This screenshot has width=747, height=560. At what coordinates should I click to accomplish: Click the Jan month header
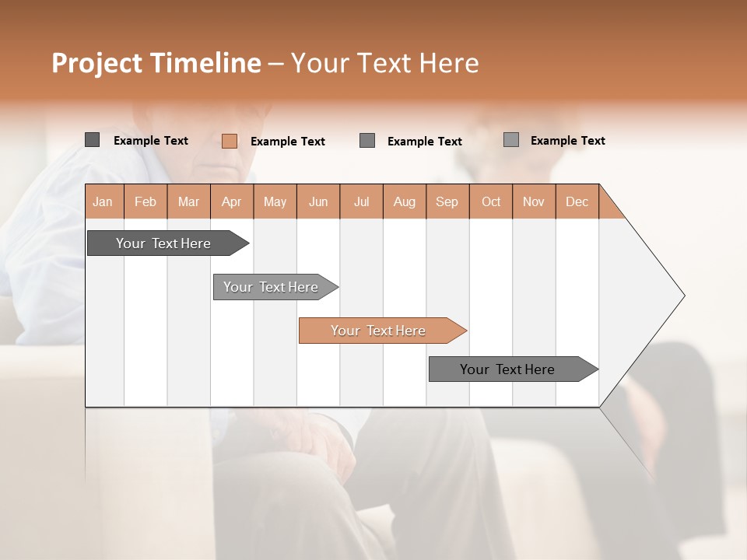point(103,201)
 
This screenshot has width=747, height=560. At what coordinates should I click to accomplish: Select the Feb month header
point(146,201)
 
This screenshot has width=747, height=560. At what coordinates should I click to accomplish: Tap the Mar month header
point(188,201)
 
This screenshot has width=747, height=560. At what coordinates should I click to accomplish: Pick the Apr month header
point(232,201)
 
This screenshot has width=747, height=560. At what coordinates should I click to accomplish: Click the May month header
point(275,201)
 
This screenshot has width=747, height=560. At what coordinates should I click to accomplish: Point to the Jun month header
point(318,201)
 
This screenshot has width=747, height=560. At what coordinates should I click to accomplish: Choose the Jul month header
point(361,201)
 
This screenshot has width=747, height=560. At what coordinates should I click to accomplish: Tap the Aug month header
point(405,201)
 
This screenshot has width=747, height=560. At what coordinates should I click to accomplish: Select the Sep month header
point(447,201)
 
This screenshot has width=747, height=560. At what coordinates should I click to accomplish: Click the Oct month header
point(491,201)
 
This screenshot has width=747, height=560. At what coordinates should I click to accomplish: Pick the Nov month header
point(534,201)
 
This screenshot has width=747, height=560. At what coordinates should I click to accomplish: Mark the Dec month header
point(577,201)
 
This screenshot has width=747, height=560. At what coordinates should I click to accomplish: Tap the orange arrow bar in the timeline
point(379,331)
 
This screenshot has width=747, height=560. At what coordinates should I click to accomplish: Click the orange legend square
point(229,141)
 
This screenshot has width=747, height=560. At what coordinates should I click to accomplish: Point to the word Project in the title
point(96,63)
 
